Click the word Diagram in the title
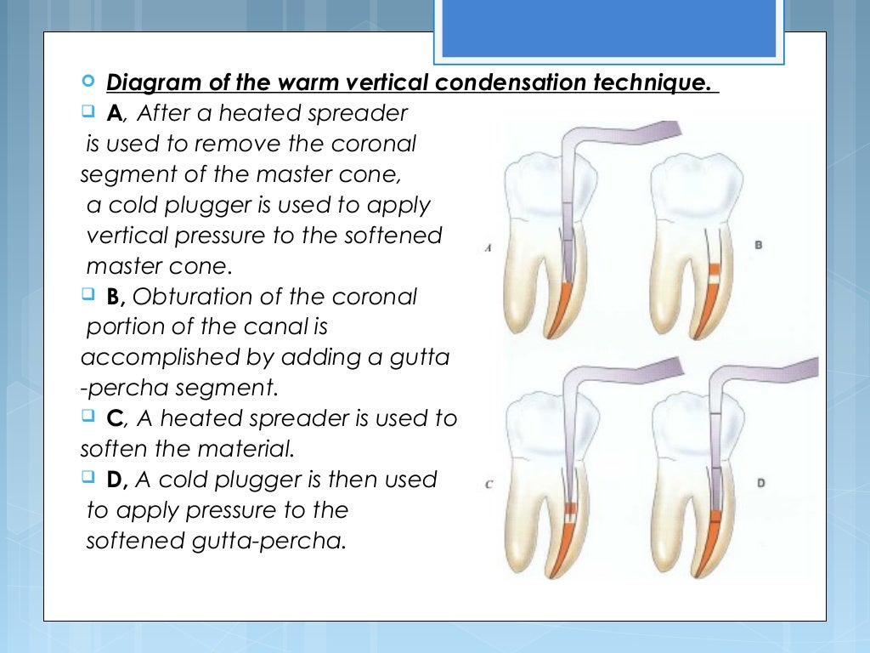(146, 84)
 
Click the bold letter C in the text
(116, 418)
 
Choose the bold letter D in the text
(116, 480)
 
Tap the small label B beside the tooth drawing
(758, 245)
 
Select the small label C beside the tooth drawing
(489, 485)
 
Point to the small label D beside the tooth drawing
(760, 482)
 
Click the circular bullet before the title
(89, 82)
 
